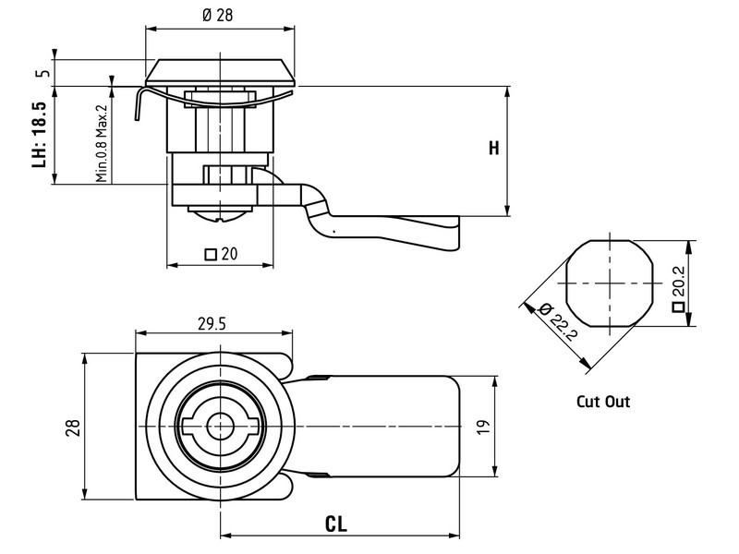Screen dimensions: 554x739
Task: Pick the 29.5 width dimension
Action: (x=214, y=322)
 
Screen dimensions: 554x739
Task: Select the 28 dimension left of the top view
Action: (x=72, y=427)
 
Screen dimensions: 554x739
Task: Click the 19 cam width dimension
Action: (x=482, y=427)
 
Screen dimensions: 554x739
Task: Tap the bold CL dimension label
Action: (x=336, y=524)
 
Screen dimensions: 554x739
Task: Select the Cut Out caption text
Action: (x=603, y=403)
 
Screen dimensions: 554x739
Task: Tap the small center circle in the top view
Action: (x=220, y=427)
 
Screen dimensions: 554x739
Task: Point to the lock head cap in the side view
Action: (x=222, y=72)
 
